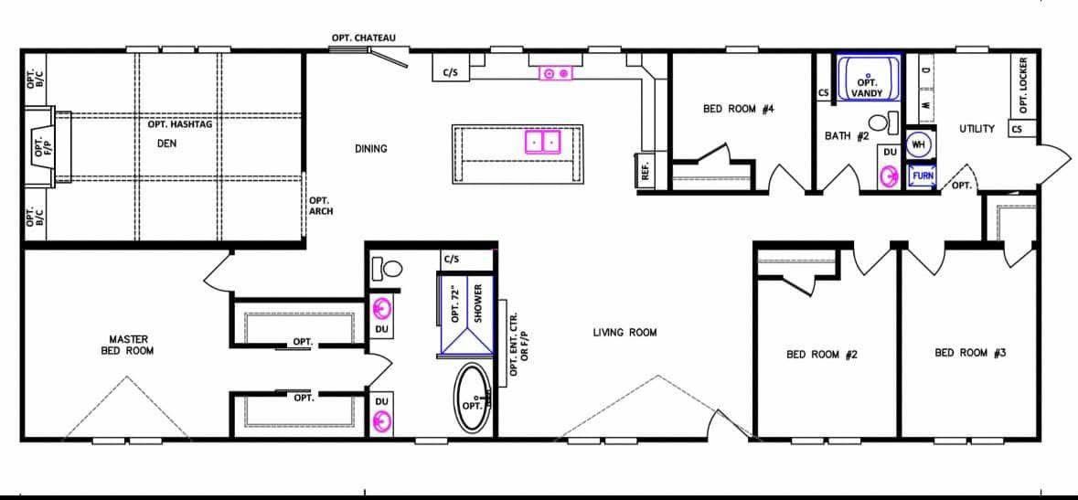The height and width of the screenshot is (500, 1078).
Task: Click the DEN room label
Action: point(167,144)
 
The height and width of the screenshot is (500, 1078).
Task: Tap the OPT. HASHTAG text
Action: point(179,125)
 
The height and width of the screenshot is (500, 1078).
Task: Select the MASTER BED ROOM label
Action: point(128,345)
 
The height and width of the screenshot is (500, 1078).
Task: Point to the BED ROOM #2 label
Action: point(822,355)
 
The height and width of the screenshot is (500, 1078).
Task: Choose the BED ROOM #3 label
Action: point(970,353)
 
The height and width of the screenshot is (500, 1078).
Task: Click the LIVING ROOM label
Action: point(624,333)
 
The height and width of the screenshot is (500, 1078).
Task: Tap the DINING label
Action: point(370,149)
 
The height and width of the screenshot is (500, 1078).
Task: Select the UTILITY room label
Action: point(977,129)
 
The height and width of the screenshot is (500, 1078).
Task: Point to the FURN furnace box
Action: point(922,176)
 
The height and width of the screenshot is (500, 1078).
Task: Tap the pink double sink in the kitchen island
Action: point(544,142)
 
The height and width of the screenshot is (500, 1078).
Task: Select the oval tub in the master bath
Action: point(473,399)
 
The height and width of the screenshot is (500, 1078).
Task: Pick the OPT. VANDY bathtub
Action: point(869,80)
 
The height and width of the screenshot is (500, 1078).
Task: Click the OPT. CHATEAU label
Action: point(363,37)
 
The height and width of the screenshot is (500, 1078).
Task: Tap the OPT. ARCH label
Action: point(321,206)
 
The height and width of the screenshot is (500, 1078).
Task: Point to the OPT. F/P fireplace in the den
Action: point(43,147)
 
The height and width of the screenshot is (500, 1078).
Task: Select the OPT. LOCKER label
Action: point(1023,85)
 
